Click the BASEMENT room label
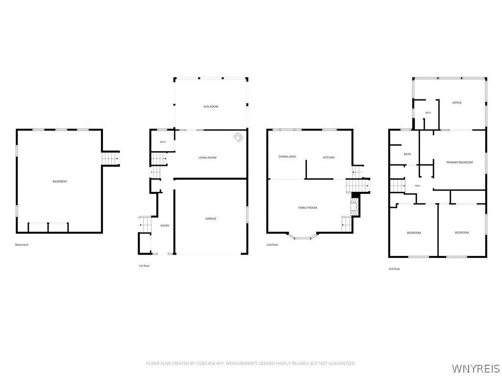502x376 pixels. (60, 181)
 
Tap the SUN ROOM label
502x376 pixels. (211, 106)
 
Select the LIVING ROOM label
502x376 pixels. (207, 158)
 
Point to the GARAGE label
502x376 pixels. (211, 219)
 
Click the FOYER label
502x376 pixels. (165, 226)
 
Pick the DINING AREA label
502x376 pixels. (287, 157)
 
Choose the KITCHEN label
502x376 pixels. (328, 158)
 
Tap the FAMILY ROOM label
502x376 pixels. (308, 208)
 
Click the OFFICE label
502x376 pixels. (457, 103)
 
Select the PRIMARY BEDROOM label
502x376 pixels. (459, 163)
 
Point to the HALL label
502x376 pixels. (418, 186)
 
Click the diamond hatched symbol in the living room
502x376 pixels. (238, 138)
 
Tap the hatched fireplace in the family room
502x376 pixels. (354, 207)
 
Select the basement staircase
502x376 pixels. (110, 159)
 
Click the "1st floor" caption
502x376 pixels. (144, 266)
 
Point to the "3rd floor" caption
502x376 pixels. (395, 269)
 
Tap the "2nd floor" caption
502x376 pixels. (273, 245)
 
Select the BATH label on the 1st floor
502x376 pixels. (163, 142)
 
